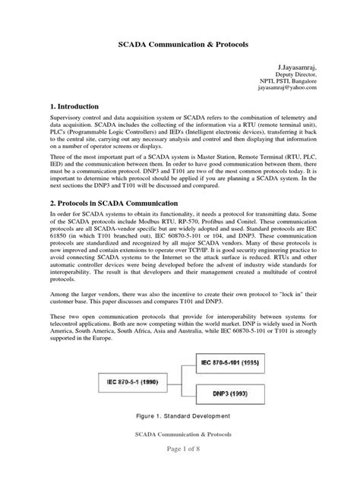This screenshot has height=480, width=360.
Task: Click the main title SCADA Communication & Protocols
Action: point(180,44)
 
